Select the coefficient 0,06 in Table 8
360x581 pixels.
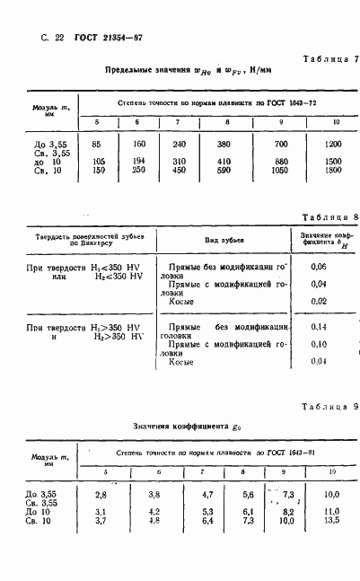point(317,268)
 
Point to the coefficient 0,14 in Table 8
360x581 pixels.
point(317,327)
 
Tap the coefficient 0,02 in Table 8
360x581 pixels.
point(317,301)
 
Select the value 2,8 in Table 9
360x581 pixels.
point(101,494)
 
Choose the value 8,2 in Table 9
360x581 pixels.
point(287,511)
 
